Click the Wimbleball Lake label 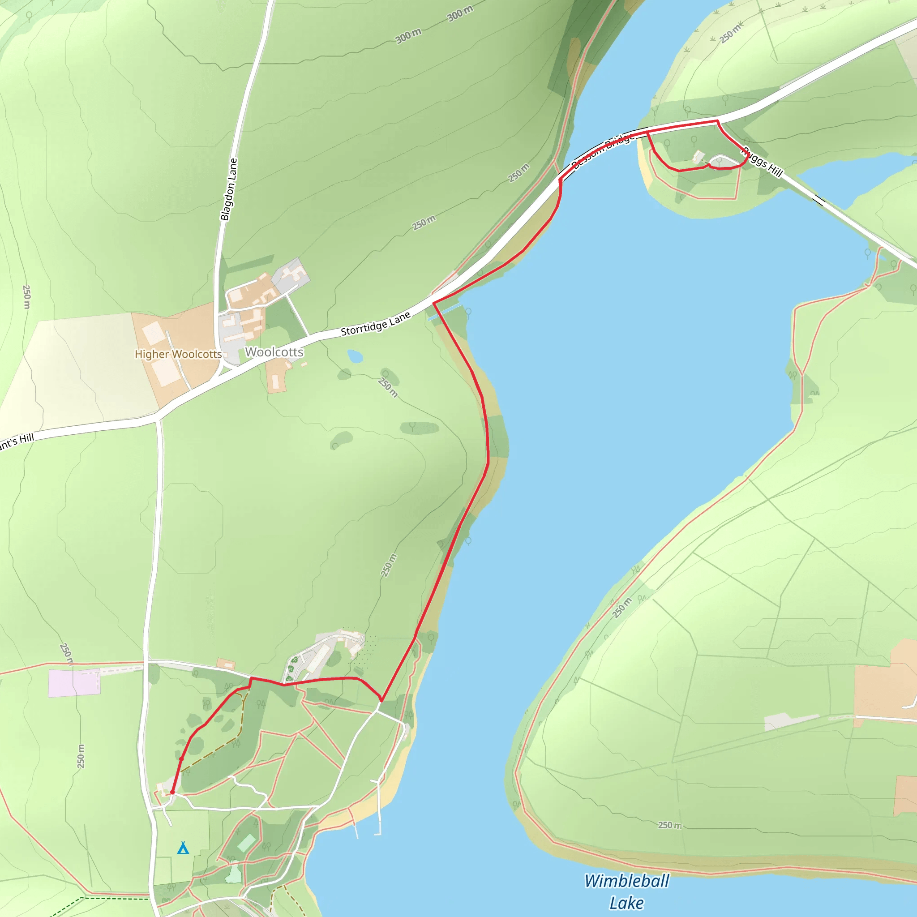point(626,891)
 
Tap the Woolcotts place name point(274,352)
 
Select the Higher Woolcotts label point(178,354)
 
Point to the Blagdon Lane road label point(229,189)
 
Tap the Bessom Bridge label point(603,151)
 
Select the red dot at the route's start point(172,793)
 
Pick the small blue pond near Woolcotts point(355,356)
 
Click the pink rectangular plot point(74,683)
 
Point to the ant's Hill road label point(17,442)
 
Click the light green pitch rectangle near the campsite point(246,843)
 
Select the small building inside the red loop point(698,156)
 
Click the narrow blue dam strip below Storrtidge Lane point(446,313)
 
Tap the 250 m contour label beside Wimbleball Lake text point(669,825)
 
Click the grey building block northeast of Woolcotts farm point(291,275)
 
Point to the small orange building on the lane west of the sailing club point(226,664)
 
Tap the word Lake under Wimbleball point(626,903)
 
